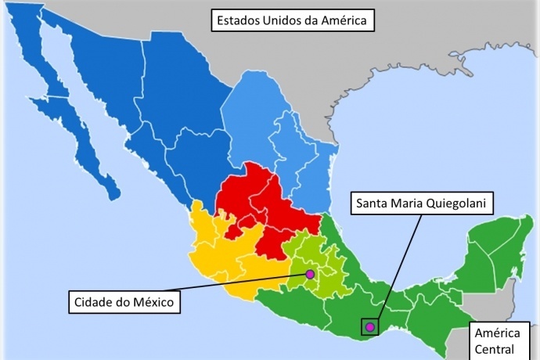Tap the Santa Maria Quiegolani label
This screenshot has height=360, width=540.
click(x=421, y=203)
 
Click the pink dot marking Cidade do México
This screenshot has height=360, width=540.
click(x=310, y=274)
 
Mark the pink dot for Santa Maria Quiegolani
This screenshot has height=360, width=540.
click(x=369, y=326)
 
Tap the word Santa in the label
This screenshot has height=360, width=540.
click(x=373, y=203)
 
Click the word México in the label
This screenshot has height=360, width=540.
click(x=156, y=301)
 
